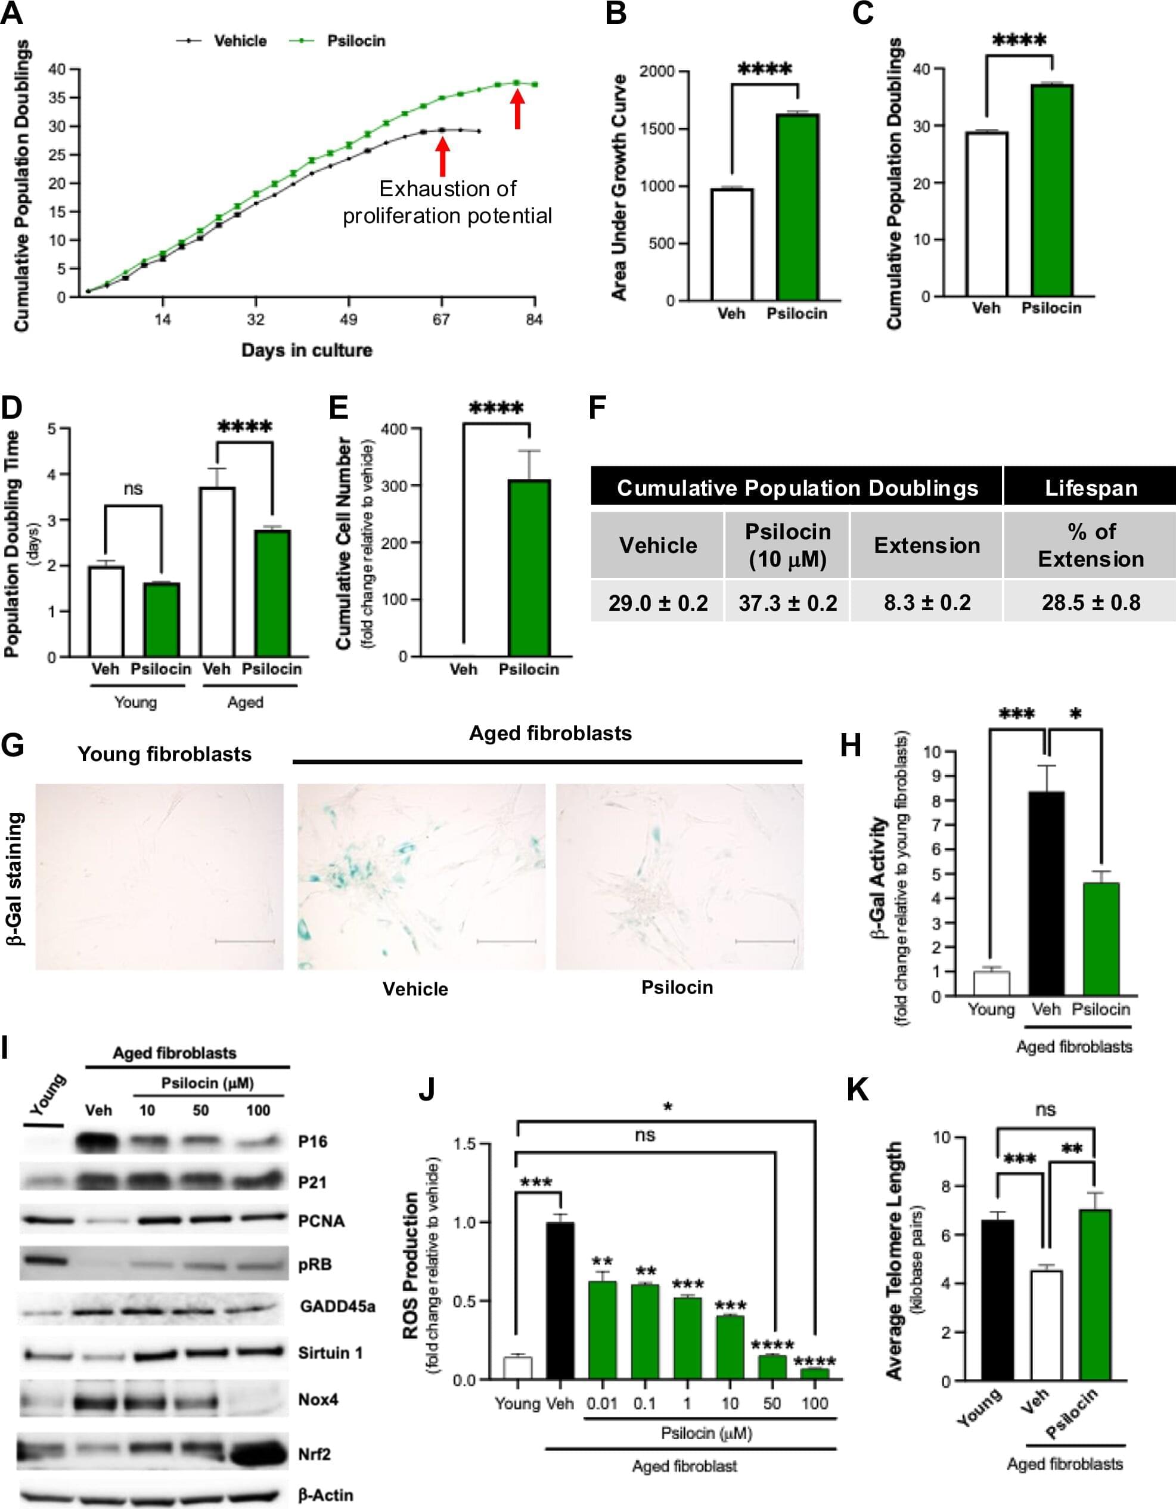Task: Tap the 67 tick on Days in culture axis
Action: (x=441, y=319)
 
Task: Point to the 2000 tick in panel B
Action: (x=656, y=72)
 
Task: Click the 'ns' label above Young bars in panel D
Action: (x=134, y=488)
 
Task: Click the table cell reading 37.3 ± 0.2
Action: (x=787, y=603)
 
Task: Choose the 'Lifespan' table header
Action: (x=1090, y=488)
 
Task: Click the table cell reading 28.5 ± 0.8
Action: (x=1090, y=602)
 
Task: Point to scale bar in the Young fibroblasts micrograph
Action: (x=245, y=941)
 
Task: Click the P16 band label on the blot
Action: (x=313, y=1142)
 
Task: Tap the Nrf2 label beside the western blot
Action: (x=314, y=1454)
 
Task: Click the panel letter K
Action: (x=858, y=1090)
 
